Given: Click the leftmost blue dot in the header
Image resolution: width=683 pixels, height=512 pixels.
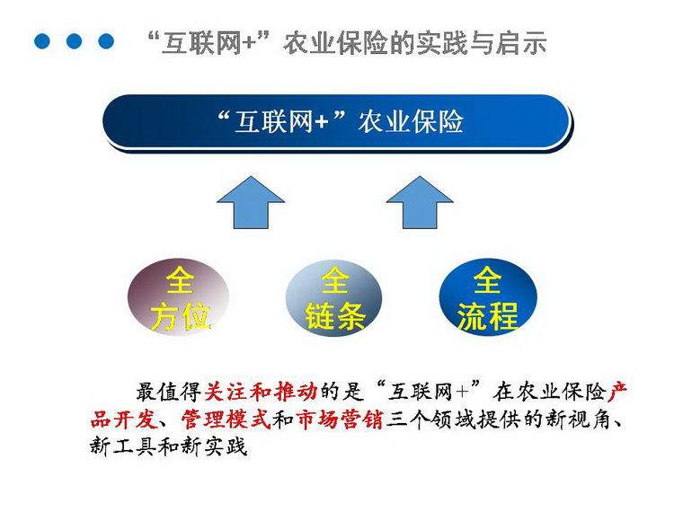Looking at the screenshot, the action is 42,41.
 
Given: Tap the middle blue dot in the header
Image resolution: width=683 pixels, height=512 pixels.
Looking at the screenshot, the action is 74,41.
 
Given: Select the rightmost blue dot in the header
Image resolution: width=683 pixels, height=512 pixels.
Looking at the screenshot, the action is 106,41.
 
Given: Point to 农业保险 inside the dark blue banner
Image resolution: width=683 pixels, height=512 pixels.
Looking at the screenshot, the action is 411,121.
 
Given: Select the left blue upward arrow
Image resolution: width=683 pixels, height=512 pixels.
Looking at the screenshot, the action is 251,202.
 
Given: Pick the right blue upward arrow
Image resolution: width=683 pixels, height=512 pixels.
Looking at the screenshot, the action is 420,202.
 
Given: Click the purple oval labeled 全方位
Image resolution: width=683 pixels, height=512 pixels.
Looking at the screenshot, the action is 179,297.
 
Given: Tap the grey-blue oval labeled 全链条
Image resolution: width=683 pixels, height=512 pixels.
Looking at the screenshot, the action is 333,298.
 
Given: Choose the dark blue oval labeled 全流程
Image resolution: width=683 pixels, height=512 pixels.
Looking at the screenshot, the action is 488,297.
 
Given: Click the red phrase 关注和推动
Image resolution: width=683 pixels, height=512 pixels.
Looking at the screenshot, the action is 261,392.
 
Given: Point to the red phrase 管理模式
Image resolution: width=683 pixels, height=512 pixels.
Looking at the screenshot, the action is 226,419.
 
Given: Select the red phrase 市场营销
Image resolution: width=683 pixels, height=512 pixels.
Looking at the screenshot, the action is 340,419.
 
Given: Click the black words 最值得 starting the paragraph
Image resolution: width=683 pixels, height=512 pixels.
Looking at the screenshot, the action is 169,392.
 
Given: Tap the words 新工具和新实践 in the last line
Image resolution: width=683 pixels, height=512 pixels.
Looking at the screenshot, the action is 169,446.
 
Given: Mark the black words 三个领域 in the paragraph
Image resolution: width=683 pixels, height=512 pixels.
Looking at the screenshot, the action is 430,419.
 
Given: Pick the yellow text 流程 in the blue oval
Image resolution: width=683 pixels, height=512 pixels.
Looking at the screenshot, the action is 487,315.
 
